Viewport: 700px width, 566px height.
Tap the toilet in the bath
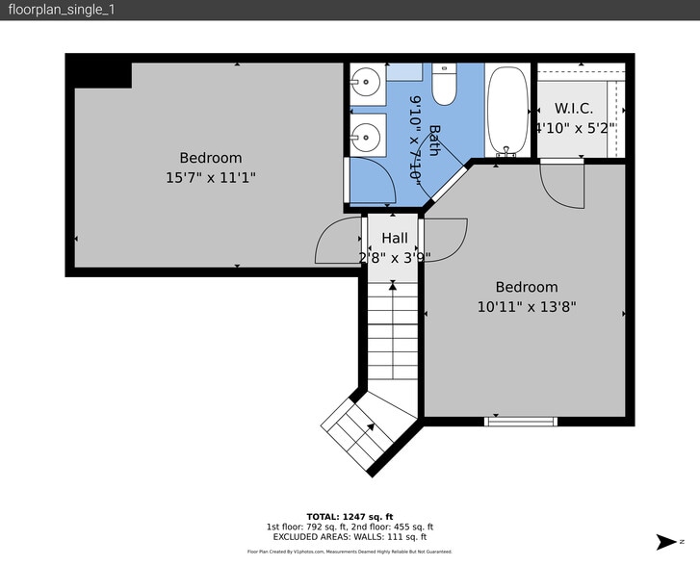coord(444,86)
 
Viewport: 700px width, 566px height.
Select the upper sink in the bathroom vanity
coord(365,81)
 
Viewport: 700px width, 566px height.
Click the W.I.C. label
coord(574,109)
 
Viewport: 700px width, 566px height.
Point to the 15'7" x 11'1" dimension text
coord(211,177)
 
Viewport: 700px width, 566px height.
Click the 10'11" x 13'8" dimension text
coord(527,307)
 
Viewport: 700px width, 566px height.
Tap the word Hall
coord(395,238)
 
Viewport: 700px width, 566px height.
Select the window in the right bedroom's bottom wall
coord(521,421)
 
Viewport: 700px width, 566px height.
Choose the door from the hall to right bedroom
coord(444,234)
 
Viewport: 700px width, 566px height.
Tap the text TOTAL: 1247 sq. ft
coord(350,516)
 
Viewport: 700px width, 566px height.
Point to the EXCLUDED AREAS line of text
coord(350,537)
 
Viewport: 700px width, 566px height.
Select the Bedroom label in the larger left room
coord(211,158)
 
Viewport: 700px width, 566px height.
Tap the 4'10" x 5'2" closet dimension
coord(575,127)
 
